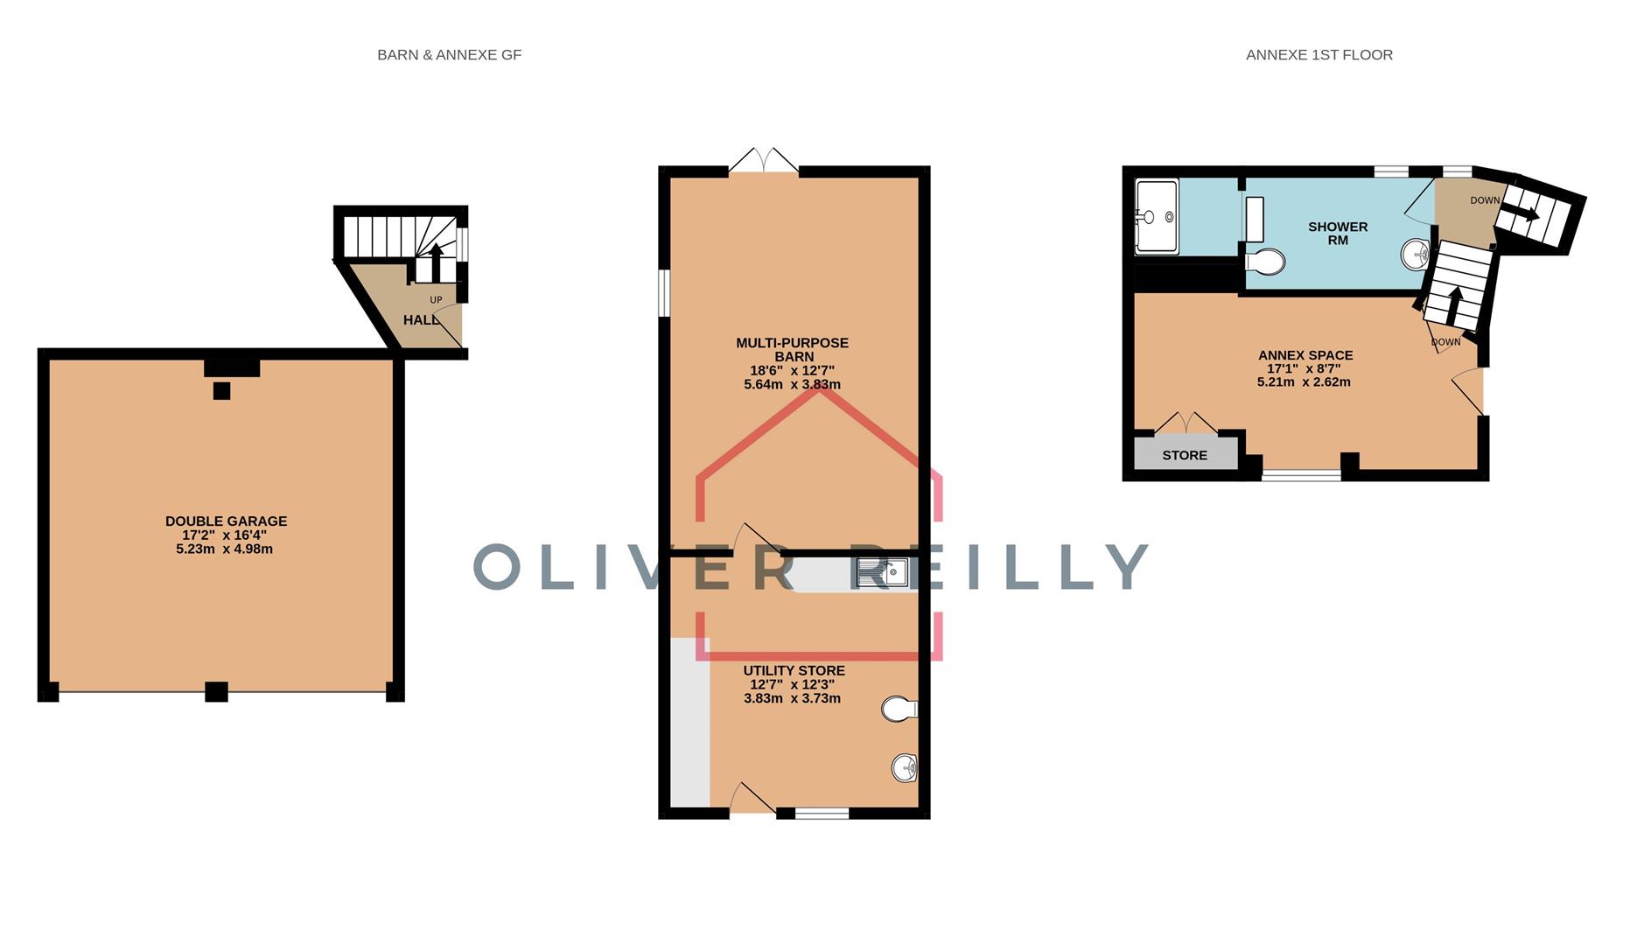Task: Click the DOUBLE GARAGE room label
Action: point(226,521)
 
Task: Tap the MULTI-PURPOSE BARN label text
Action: point(792,349)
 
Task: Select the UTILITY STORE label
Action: point(794,671)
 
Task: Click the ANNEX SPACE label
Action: point(1305,355)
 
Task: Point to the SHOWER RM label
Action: point(1338,233)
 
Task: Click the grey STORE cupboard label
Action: point(1185,455)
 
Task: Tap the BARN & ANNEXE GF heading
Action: point(449,54)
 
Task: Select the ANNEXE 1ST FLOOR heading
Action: point(1319,54)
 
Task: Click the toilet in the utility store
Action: point(899,709)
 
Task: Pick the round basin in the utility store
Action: point(904,769)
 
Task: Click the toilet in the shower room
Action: point(1265,261)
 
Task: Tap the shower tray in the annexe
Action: point(1157,216)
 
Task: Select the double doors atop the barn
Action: point(764,161)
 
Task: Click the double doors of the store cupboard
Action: point(1186,423)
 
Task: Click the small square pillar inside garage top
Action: point(221,391)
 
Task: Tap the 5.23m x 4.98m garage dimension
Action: point(224,549)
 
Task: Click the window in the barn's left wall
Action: point(664,291)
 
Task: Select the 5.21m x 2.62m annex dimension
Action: point(1304,382)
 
